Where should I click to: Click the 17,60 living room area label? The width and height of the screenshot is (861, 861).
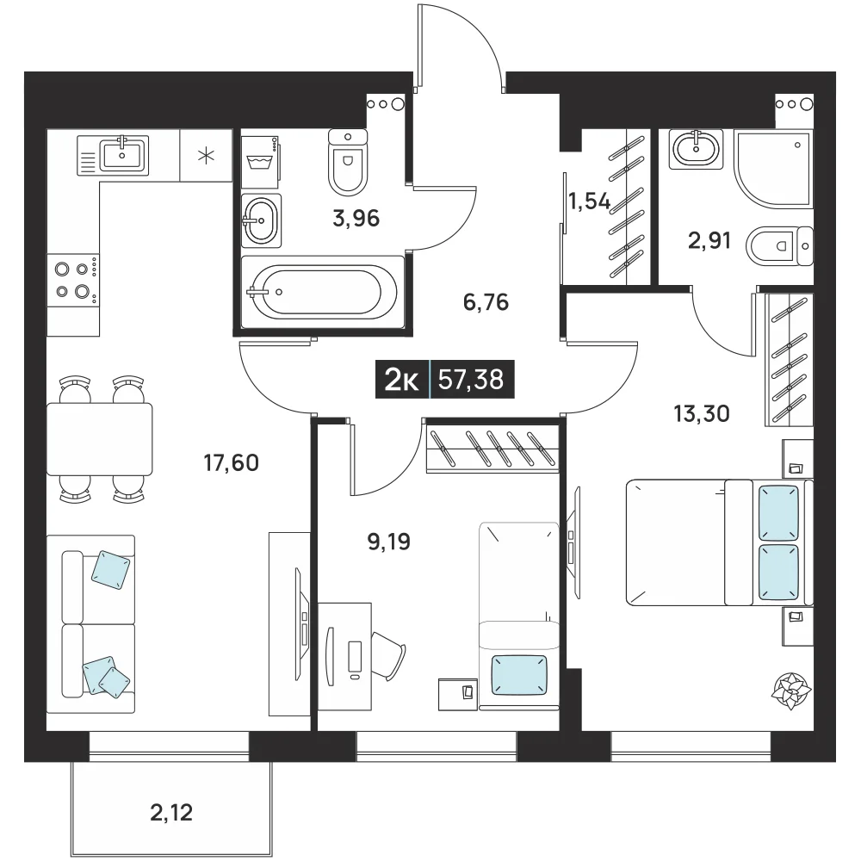click(231, 463)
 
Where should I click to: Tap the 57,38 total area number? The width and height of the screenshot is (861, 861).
click(471, 379)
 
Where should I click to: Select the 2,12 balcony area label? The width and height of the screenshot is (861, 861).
click(171, 813)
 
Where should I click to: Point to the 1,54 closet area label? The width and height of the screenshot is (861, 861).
click(589, 201)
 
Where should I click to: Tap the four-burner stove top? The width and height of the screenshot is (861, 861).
click(73, 280)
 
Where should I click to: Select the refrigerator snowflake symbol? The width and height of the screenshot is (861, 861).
click(206, 156)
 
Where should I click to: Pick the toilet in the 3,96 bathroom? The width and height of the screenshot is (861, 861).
click(348, 161)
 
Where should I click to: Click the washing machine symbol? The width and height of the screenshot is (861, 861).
click(260, 159)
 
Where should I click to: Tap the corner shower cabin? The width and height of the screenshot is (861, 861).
click(772, 169)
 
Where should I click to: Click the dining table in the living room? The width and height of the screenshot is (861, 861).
click(99, 439)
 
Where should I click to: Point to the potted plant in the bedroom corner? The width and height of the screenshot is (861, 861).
click(792, 690)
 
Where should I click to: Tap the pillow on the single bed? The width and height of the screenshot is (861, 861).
click(519, 675)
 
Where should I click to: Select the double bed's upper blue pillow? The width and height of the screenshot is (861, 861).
click(778, 513)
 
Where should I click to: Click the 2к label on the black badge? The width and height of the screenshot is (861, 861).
click(402, 379)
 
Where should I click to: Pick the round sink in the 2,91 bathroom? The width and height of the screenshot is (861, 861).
click(696, 149)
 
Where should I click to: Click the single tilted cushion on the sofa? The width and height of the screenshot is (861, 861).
click(111, 571)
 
